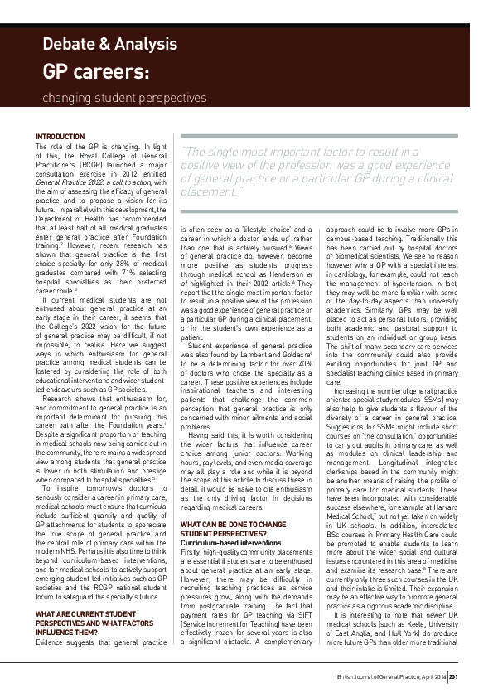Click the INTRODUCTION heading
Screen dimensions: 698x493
point(60,136)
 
